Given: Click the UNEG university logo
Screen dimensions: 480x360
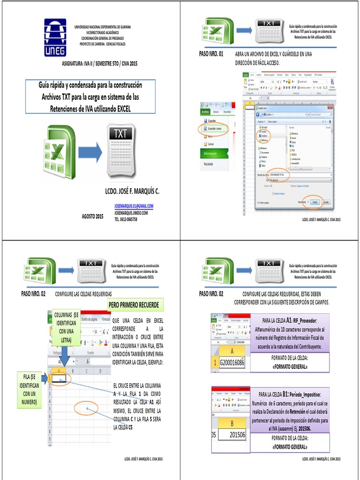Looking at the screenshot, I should pyautogui.click(x=55, y=37).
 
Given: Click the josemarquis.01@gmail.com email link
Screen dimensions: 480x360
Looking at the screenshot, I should pyautogui.click(x=134, y=206).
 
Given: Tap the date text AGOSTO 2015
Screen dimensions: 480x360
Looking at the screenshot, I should pyautogui.click(x=92, y=216).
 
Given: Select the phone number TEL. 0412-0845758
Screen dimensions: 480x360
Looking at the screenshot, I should pyautogui.click(x=126, y=218).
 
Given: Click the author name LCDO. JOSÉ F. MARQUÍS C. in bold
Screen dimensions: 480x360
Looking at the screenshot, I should pyautogui.click(x=132, y=192).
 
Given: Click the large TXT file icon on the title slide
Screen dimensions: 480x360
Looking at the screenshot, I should pyautogui.click(x=121, y=150).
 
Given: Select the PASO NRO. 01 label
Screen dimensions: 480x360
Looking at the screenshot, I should pyautogui.click(x=214, y=54).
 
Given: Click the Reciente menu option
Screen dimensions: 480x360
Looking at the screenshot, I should pyautogui.click(x=209, y=164).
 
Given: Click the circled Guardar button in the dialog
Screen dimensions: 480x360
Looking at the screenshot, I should pyautogui.click(x=315, y=202).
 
